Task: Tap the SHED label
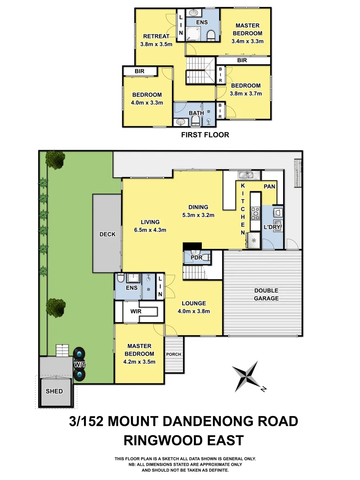click(54, 392)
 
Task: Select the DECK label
click(107, 234)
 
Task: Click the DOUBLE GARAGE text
click(266, 294)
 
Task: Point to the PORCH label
click(174, 354)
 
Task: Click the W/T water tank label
click(80, 364)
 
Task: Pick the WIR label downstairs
click(136, 311)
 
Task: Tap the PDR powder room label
click(196, 257)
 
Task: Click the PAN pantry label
click(269, 187)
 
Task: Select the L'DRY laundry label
click(272, 227)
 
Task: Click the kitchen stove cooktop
click(256, 213)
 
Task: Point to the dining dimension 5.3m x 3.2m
click(198, 215)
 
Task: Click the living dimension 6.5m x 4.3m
click(150, 230)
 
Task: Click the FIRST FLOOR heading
click(205, 135)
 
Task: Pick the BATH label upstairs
click(196, 113)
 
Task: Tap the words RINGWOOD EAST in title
click(184, 440)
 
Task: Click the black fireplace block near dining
click(192, 246)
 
